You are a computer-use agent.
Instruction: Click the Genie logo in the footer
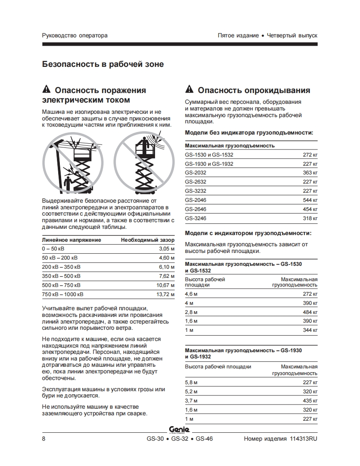pyautogui.click(x=179, y=430)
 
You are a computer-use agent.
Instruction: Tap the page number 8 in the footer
pyautogui.click(x=44, y=439)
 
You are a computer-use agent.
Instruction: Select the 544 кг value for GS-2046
pyautogui.click(x=310, y=200)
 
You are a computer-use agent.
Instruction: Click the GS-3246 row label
pyautogui.click(x=196, y=218)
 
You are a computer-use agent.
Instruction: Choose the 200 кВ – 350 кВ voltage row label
pyautogui.click(x=62, y=267)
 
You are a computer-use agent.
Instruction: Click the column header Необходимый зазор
pyautogui.click(x=148, y=240)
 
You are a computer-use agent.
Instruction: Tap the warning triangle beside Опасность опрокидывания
pyautogui.click(x=190, y=90)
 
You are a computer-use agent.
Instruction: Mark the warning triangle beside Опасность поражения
pyautogui.click(x=47, y=90)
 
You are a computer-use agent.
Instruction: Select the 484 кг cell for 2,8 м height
pyautogui.click(x=310, y=312)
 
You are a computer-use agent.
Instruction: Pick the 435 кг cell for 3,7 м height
pyautogui.click(x=310, y=401)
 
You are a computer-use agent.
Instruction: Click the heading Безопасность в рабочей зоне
pyautogui.click(x=103, y=64)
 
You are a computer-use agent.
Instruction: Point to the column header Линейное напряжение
pyautogui.click(x=72, y=240)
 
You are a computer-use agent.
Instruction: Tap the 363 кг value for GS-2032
pyautogui.click(x=310, y=173)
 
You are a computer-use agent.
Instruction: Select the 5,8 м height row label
pyautogui.click(x=191, y=383)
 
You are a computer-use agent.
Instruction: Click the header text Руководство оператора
pyautogui.click(x=75, y=35)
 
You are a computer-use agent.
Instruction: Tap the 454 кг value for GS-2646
pyautogui.click(x=310, y=209)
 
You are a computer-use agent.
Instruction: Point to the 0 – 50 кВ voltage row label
pyautogui.click(x=54, y=249)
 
